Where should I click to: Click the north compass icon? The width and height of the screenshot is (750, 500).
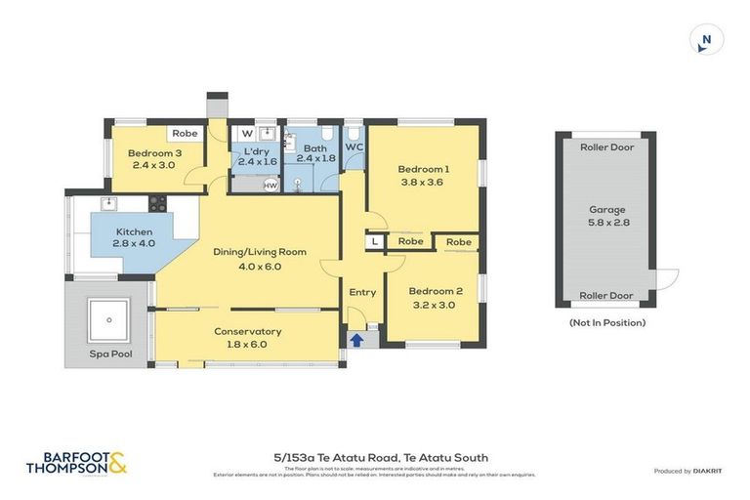(705, 40)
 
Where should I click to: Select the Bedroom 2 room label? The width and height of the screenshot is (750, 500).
(435, 297)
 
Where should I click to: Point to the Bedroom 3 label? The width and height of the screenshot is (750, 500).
(155, 158)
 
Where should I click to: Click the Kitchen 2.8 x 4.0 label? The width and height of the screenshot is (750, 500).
(134, 237)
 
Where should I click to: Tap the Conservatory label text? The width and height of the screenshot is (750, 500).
(247, 337)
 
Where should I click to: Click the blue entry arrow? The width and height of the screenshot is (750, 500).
(356, 340)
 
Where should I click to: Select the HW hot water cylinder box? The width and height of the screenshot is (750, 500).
(271, 185)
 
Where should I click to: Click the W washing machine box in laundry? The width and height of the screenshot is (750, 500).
(246, 134)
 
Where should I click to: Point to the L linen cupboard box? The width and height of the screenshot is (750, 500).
(375, 241)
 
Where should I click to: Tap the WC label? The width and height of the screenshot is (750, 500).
(353, 148)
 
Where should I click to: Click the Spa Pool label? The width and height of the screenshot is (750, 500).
(109, 354)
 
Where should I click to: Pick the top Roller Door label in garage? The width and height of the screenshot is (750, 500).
(606, 147)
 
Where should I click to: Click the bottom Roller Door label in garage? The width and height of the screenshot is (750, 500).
(606, 296)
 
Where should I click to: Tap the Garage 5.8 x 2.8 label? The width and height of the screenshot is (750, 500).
(606, 216)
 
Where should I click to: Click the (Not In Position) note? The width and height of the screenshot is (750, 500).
(606, 322)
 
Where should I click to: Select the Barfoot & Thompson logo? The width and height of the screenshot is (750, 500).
(76, 463)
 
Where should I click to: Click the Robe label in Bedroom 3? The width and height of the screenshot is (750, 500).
(185, 134)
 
